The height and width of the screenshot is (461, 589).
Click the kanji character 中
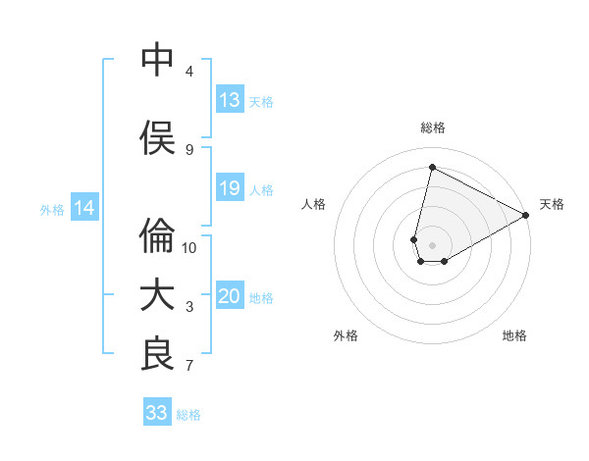tap(157, 60)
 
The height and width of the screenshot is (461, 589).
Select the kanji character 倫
tap(157, 236)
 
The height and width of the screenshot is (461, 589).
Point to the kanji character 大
tap(157, 295)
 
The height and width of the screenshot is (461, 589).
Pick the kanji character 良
tap(157, 355)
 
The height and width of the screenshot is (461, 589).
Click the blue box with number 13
tap(229, 100)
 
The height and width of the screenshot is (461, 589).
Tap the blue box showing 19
tap(229, 188)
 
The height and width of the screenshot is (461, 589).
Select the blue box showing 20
tap(229, 297)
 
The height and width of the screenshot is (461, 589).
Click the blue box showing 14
tap(84, 208)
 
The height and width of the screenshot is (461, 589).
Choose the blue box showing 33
tap(157, 413)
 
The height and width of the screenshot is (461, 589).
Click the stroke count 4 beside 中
tap(189, 72)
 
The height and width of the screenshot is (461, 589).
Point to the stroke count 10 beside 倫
tap(189, 247)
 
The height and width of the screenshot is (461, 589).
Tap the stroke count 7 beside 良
tap(189, 366)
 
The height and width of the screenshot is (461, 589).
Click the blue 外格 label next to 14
tap(52, 209)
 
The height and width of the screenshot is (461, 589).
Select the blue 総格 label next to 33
tap(188, 415)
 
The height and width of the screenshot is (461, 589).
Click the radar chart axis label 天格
tap(552, 204)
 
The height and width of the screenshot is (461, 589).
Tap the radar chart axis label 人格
tap(313, 204)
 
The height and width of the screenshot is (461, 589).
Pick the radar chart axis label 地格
tap(514, 335)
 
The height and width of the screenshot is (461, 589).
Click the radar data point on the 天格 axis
tap(526, 215)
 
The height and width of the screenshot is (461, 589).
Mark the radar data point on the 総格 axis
tap(432, 168)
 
